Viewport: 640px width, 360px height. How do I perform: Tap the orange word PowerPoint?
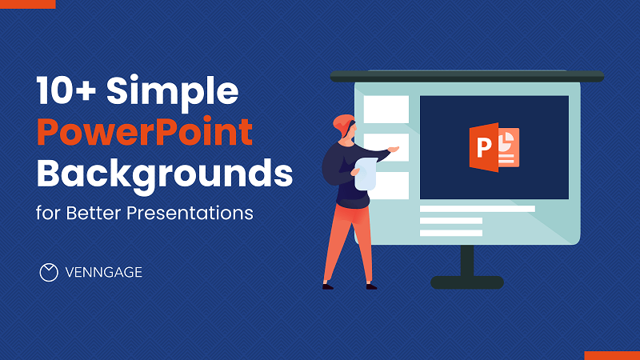coord(145,132)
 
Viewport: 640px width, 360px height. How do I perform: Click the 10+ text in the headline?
coord(66,90)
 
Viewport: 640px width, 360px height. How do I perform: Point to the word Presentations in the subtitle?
coord(190,213)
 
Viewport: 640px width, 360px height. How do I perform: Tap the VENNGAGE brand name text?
coord(104,272)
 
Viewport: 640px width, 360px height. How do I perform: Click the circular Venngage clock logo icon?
coord(49,272)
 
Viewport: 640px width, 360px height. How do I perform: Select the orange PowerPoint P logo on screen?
coord(494,147)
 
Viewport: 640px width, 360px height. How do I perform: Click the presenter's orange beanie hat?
coord(342,124)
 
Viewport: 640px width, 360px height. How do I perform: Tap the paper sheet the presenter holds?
coord(366,174)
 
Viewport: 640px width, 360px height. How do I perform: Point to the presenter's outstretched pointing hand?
coord(393,150)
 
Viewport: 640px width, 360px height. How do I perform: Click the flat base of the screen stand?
coord(467,282)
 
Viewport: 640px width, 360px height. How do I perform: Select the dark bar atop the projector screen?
coord(467,76)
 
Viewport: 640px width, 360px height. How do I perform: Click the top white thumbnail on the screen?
coord(386,110)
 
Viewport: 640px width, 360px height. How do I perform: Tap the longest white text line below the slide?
coord(478,209)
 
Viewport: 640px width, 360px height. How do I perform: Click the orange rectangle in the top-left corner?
coord(28,4)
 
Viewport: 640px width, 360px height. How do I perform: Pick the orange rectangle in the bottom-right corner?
coord(612,355)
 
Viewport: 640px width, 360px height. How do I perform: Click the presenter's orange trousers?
coord(348,243)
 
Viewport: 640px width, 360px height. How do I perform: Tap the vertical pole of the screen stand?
coord(467,261)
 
